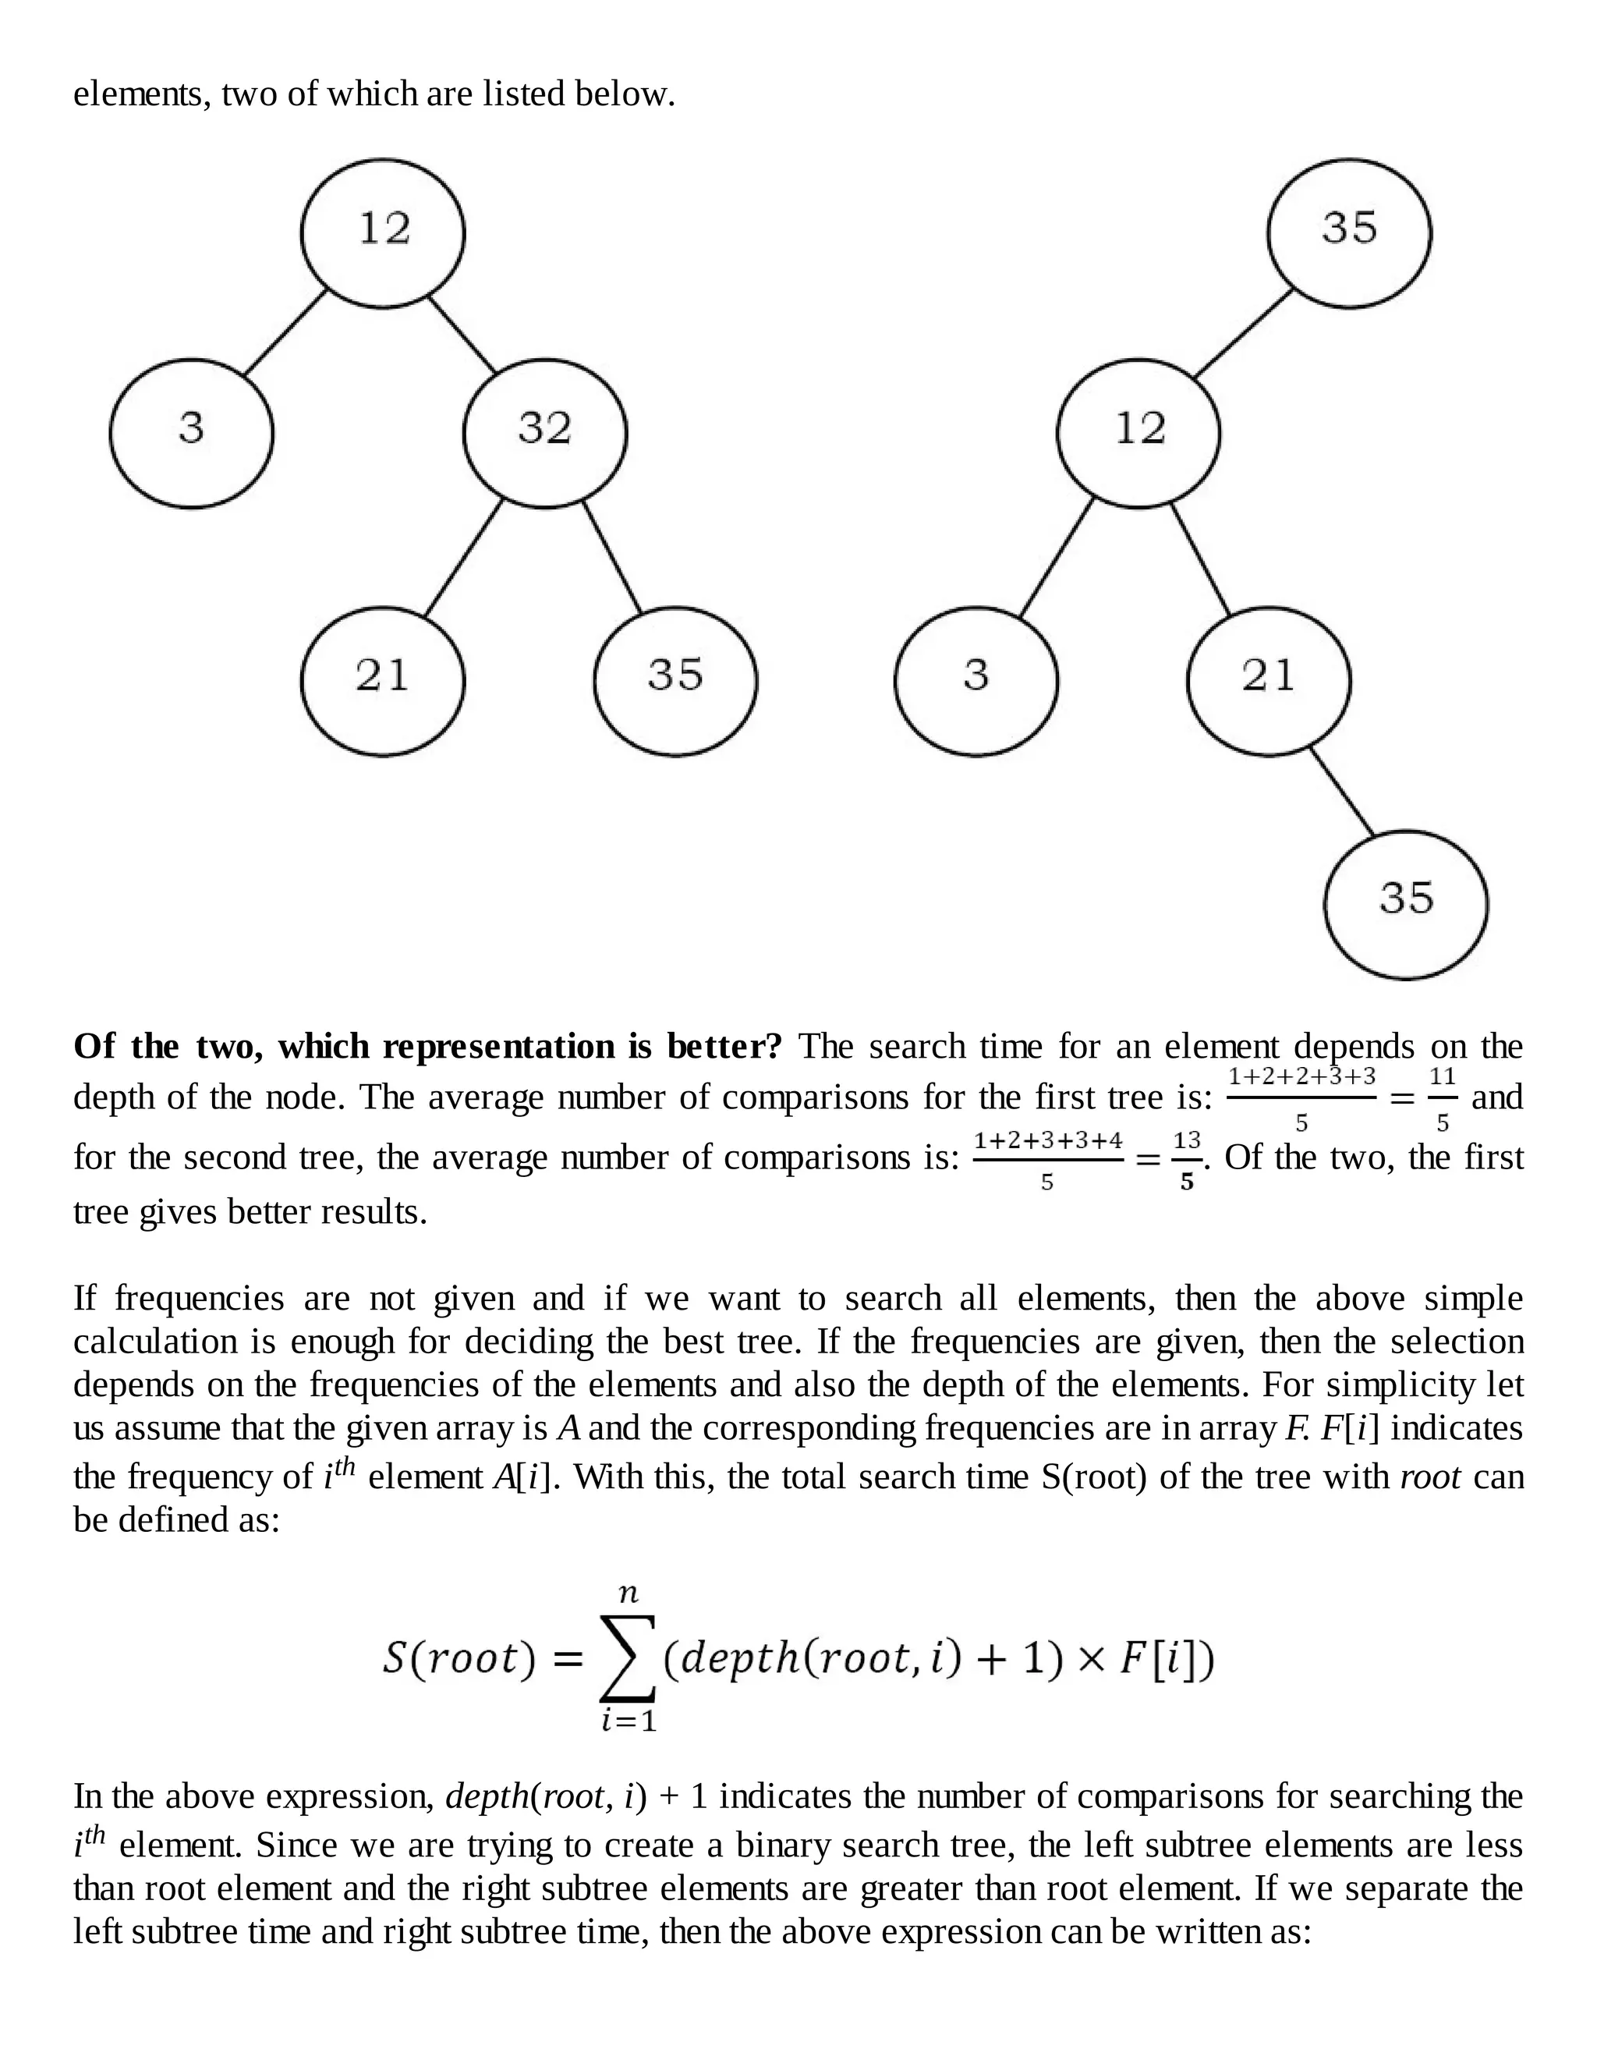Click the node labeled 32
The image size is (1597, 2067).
(x=545, y=433)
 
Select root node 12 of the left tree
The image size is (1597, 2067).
(x=383, y=232)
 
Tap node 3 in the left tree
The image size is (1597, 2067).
(x=191, y=433)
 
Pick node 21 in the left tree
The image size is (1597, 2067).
(x=383, y=680)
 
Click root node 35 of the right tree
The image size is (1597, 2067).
(x=1349, y=232)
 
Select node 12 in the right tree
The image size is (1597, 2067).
(x=1138, y=433)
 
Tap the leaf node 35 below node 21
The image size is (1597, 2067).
(x=1405, y=904)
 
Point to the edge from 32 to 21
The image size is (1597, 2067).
(x=464, y=558)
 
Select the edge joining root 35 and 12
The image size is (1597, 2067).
(x=1243, y=333)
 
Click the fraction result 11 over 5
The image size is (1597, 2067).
(x=1442, y=1098)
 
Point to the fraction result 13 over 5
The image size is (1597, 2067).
(x=1186, y=1159)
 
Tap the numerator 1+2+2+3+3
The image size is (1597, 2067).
(x=1301, y=1076)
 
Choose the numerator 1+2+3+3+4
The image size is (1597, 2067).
(x=1048, y=1140)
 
